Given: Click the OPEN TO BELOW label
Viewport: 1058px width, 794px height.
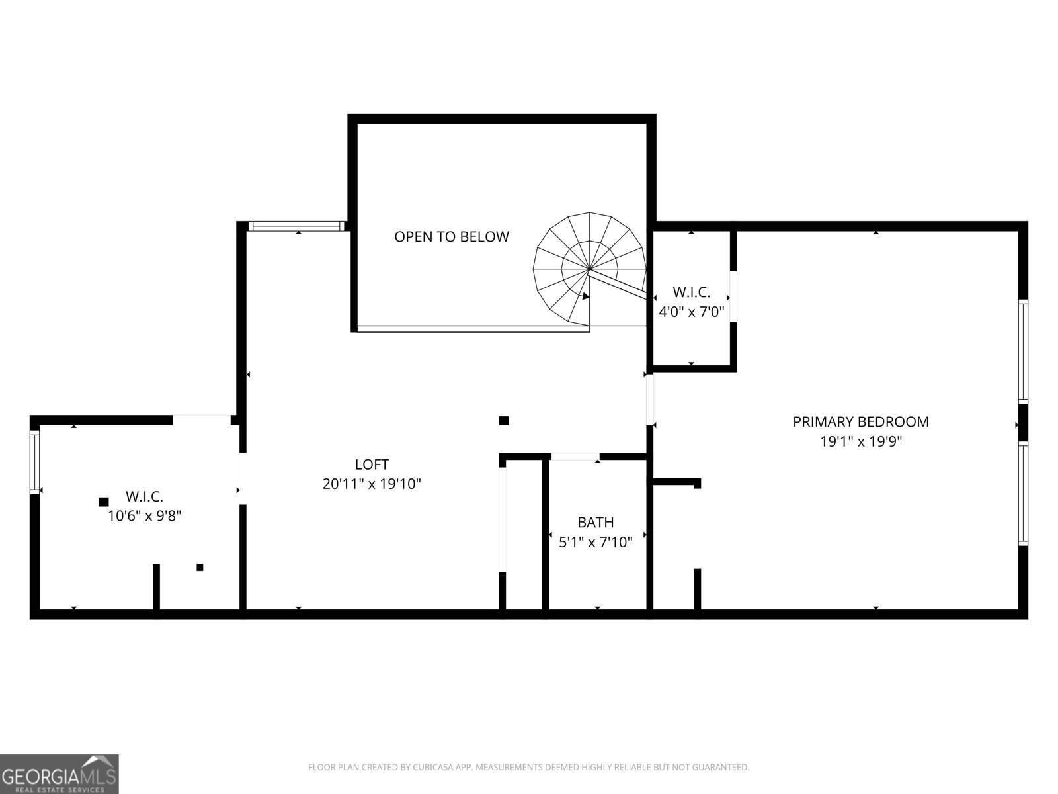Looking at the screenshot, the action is coord(452,236).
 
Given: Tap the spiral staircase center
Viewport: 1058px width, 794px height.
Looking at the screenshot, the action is coord(589,269).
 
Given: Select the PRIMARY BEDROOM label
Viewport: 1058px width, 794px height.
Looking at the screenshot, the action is coord(861,422).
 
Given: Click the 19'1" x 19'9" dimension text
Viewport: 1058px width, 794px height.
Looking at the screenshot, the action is coord(861,441).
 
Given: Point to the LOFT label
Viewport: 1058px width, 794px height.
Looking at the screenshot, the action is coord(372,464).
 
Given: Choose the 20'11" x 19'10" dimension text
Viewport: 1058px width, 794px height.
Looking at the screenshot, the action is coord(372,484).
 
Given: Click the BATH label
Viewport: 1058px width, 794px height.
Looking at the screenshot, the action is coord(595,522).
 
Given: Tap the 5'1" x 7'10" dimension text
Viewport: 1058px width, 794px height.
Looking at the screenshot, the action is coord(595,543).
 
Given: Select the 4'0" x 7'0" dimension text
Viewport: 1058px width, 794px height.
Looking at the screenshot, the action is coord(691,312).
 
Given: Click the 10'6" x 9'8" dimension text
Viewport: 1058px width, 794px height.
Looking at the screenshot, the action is coord(144,516).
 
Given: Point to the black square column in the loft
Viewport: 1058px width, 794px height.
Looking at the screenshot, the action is coord(504,421).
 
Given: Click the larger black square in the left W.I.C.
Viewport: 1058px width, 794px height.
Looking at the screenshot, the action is coord(103,502).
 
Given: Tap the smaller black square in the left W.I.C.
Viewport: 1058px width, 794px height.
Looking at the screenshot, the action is coord(200,568).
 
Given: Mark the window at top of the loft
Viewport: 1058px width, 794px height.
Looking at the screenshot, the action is coord(296,226).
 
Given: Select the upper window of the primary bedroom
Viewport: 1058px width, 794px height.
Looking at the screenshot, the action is coord(1023,351).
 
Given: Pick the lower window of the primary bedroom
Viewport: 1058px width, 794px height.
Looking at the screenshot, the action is coord(1023,493).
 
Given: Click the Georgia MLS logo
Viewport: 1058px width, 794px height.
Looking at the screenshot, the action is coord(60,773).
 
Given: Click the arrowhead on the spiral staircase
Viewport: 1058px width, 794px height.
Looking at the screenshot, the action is coord(585,296).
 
